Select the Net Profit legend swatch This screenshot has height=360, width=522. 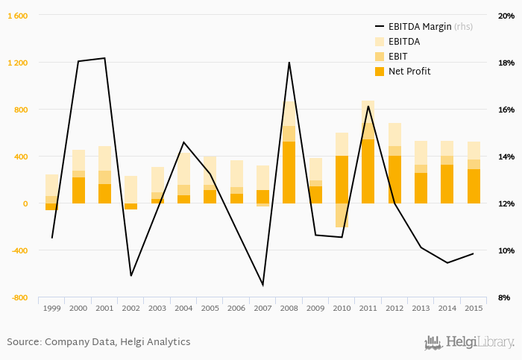(378, 72)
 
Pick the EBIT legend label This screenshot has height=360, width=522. (399, 57)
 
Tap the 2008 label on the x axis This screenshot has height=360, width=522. (289, 308)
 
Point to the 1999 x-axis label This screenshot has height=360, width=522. (51, 308)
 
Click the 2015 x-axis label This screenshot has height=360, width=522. (474, 308)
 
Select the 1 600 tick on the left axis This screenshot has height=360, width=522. (18, 16)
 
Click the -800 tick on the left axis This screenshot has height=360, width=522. (18, 297)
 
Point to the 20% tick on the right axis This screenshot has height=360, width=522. (505, 16)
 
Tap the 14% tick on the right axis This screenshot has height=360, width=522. (505, 157)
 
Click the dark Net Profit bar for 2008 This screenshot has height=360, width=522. (289, 172)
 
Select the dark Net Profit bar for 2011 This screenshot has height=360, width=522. (368, 171)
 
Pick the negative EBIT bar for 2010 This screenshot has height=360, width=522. (342, 215)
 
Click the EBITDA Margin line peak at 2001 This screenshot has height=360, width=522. (104, 58)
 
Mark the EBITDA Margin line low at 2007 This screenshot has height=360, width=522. (262, 285)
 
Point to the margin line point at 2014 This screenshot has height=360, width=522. (447, 262)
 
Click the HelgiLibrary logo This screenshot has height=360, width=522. (469, 343)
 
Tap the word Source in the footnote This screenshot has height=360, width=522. (23, 342)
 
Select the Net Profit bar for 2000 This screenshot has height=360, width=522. (78, 190)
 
